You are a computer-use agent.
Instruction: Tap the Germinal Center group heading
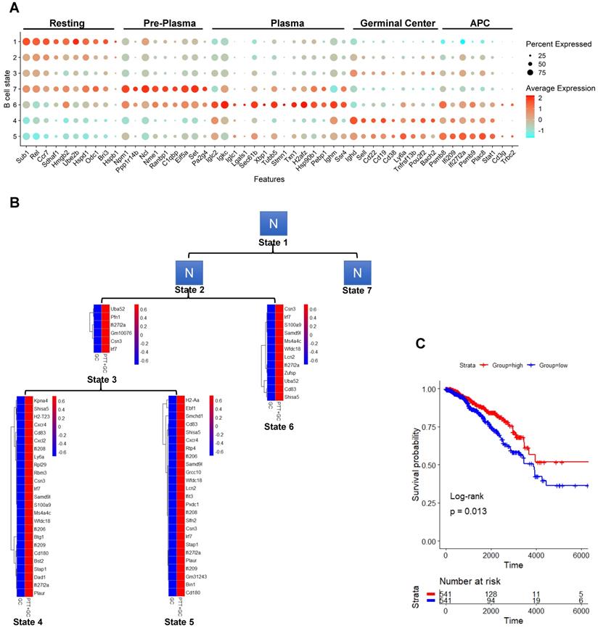pos(394,22)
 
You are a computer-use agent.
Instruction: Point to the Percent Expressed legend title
pos(560,44)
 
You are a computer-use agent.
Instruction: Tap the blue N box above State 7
pos(356,273)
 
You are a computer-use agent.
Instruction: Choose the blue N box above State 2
pos(191,273)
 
